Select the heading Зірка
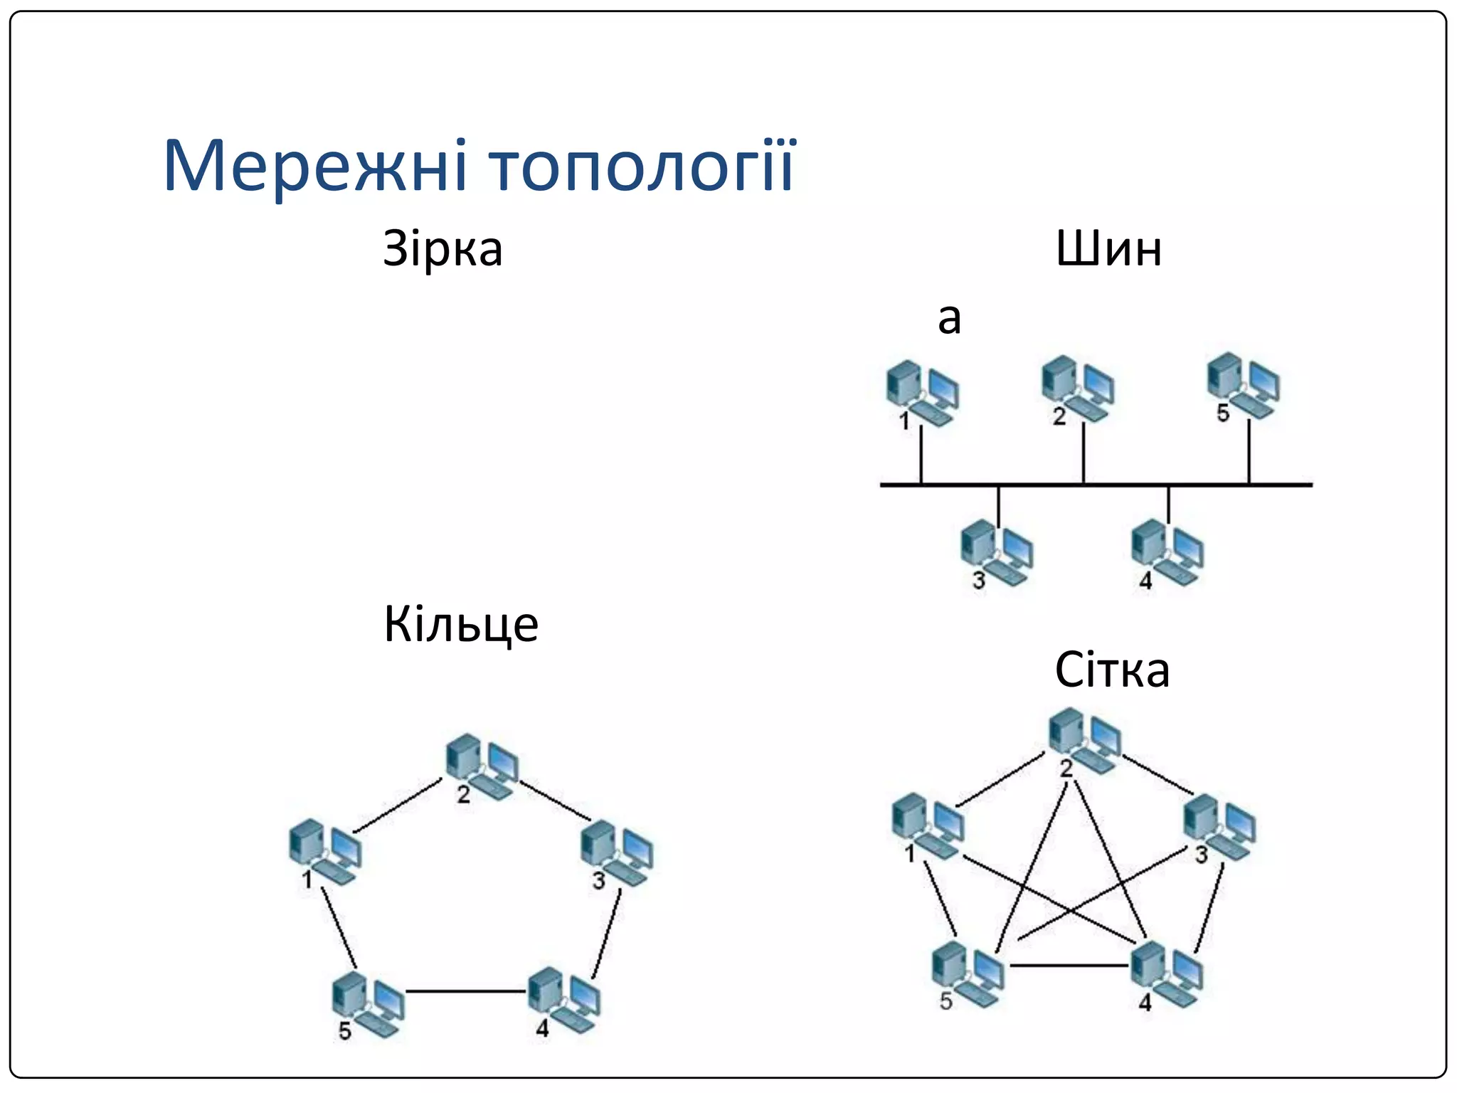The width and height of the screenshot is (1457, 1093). pos(443,249)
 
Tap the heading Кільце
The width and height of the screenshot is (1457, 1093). pos(461,625)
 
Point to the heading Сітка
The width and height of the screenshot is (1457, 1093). pos(1112,670)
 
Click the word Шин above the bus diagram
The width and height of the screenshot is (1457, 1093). pos(1108,249)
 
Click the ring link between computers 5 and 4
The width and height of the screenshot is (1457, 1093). pos(466,991)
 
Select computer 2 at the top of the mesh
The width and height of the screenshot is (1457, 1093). pos(1085,740)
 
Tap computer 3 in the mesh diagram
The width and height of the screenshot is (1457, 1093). pos(1219,827)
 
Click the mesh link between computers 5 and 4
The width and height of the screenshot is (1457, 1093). pos(1069,966)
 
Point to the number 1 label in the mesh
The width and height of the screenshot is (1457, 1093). pos(909,853)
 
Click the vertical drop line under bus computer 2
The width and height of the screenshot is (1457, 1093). pos(1083,454)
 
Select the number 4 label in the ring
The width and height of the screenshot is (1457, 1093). pos(542,1028)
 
